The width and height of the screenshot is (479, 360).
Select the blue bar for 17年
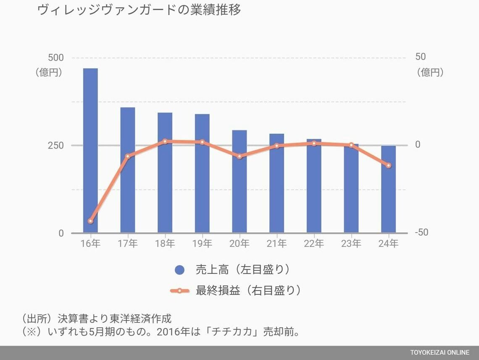pyautogui.click(x=128, y=170)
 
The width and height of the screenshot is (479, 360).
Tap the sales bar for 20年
pyautogui.click(x=239, y=181)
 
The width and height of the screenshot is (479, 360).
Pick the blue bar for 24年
pyautogui.click(x=388, y=189)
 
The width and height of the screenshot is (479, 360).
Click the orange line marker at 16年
pyautogui.click(x=90, y=221)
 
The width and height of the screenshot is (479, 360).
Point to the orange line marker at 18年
pyautogui.click(x=165, y=141)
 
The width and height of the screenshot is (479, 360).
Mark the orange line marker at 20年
pyautogui.click(x=239, y=156)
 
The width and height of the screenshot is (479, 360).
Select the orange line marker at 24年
pyautogui.click(x=388, y=165)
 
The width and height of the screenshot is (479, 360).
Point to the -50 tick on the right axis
pyautogui.click(x=421, y=233)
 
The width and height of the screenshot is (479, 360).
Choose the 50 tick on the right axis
pyautogui.click(x=420, y=57)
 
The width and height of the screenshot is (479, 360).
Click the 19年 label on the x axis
pyautogui.click(x=202, y=244)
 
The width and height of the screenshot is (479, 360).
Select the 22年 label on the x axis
pyautogui.click(x=314, y=244)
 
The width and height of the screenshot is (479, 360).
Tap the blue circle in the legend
pyautogui.click(x=180, y=270)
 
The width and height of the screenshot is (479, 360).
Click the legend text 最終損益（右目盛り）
pyautogui.click(x=248, y=290)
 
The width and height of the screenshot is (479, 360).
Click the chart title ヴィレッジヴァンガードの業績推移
pyautogui.click(x=139, y=10)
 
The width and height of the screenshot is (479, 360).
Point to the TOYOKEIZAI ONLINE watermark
pyautogui.click(x=440, y=352)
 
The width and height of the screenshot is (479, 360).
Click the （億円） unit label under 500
pyautogui.click(x=49, y=72)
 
